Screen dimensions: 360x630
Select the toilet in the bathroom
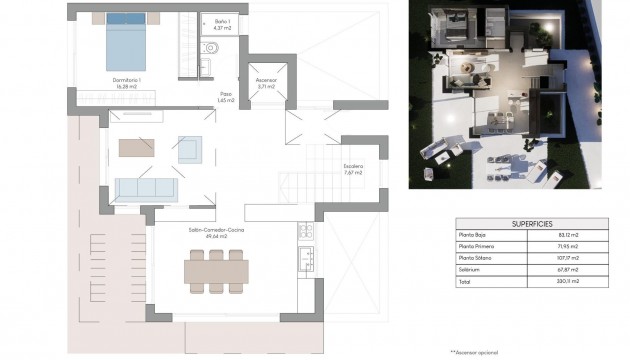(x=210, y=50)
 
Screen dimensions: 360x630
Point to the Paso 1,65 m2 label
(x=227, y=97)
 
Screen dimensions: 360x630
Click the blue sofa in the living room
(x=146, y=188)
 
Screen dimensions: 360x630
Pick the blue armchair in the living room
(x=189, y=148)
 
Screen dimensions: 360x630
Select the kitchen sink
(x=305, y=259)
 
